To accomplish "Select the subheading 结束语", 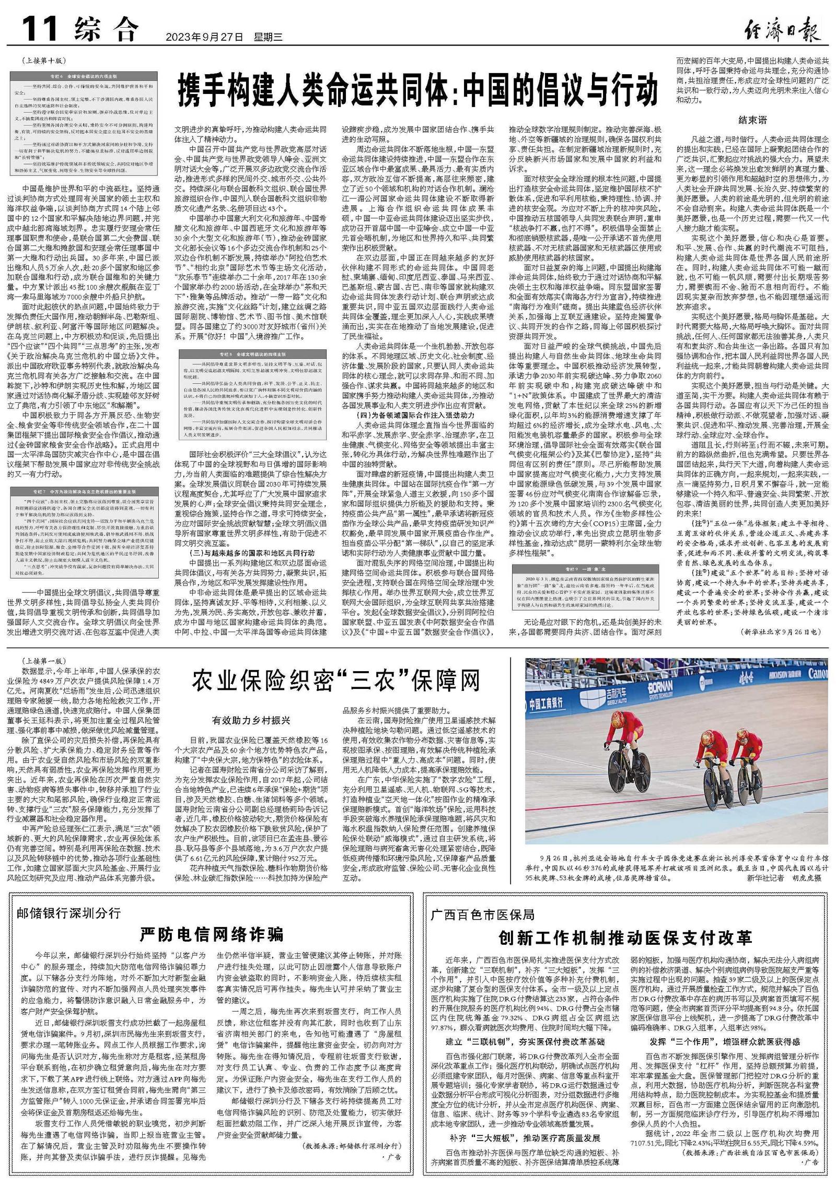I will [x=752, y=120].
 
